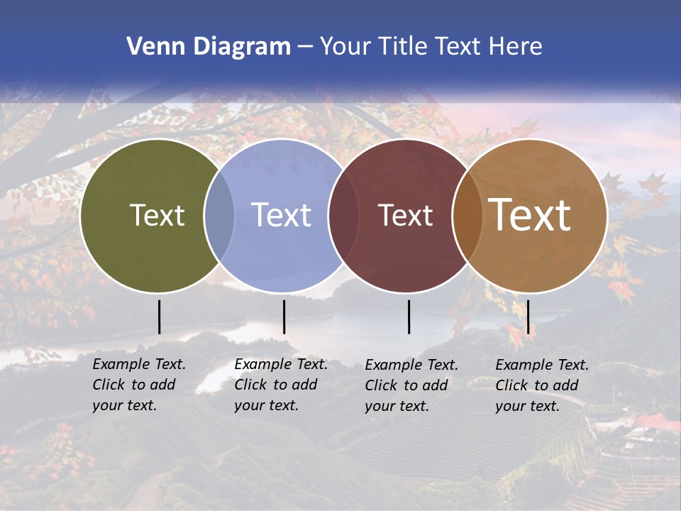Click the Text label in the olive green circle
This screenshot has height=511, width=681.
tap(157, 215)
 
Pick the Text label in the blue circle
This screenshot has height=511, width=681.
tap(282, 215)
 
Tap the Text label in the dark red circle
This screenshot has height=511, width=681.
tap(405, 215)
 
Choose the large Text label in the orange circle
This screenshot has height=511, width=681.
tap(530, 215)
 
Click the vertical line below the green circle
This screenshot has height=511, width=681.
tap(159, 317)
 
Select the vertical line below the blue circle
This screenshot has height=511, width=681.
tap(284, 317)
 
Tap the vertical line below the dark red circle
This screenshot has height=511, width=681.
tap(409, 317)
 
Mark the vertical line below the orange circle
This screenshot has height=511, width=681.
tap(528, 317)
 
